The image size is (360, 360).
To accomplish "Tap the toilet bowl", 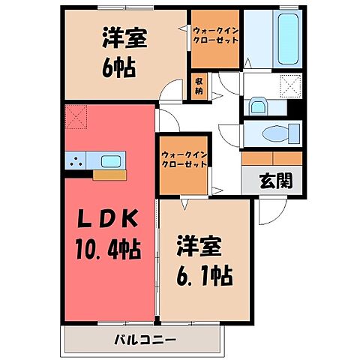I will tap(278, 133).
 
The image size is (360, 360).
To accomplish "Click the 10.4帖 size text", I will tap(109, 245).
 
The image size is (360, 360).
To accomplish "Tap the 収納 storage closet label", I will tap(199, 84).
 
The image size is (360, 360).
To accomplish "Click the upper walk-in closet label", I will tap(215, 35).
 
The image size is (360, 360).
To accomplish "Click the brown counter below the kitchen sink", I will tap(106, 175).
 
